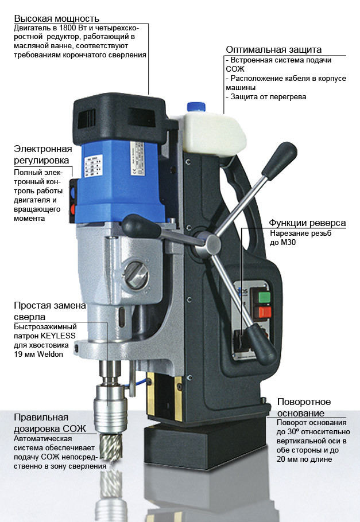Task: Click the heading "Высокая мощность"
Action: (x=57, y=18)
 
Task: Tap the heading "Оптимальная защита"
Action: (x=274, y=49)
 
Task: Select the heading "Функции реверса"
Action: (x=307, y=223)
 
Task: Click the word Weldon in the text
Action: (x=50, y=355)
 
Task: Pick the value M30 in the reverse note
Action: (x=288, y=242)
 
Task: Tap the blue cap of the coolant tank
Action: (x=196, y=107)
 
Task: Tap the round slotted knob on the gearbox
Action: (x=137, y=275)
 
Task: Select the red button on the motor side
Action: (x=73, y=209)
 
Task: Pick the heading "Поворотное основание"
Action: (x=304, y=407)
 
